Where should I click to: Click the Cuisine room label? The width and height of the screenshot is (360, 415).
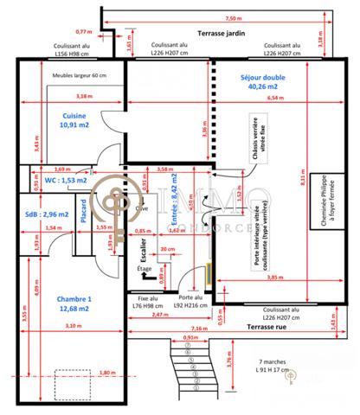(74, 115)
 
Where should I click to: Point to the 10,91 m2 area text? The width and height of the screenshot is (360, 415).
(74, 125)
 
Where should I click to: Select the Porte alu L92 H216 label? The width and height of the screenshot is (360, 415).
(181, 300)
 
